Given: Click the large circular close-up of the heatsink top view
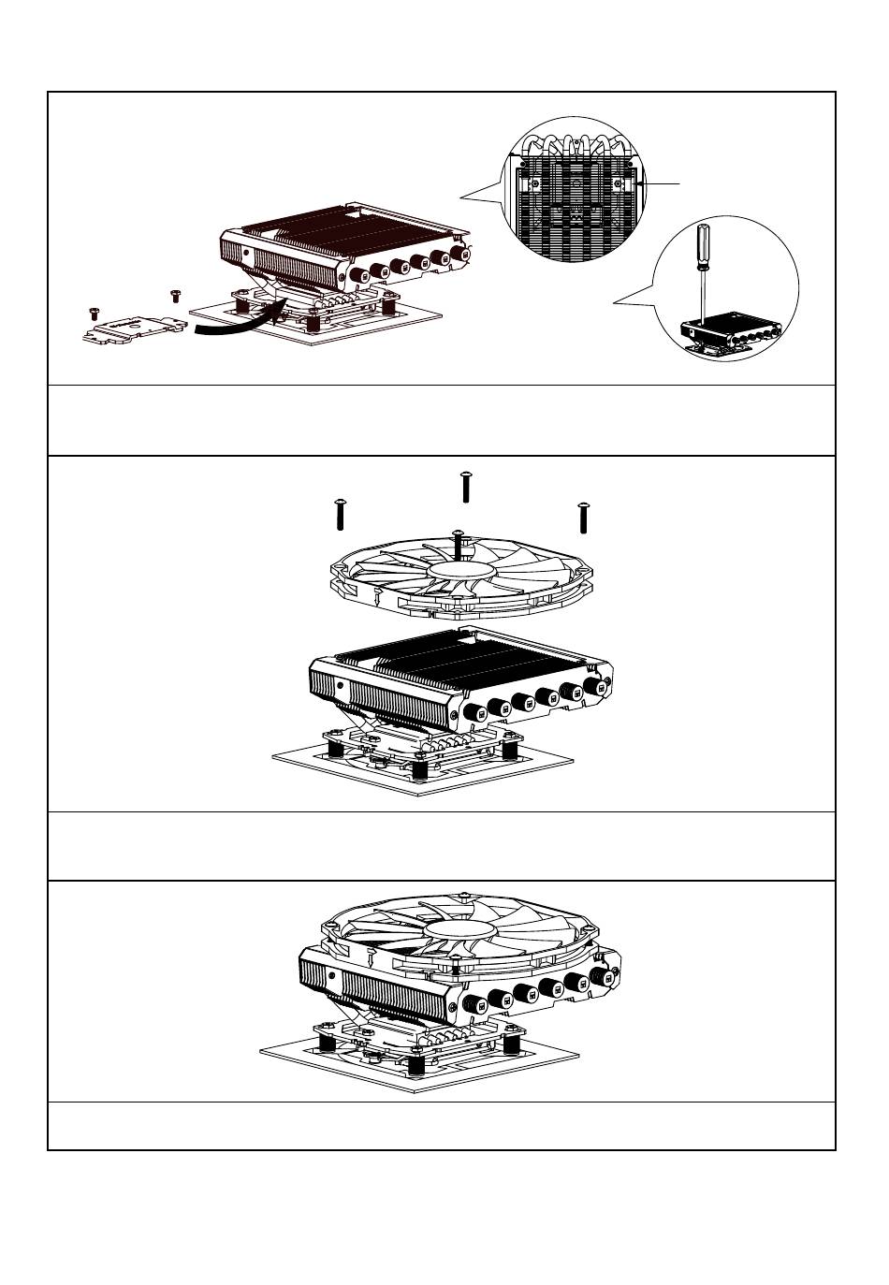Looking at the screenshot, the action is click(574, 192).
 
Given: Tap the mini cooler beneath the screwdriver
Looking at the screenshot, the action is click(731, 332).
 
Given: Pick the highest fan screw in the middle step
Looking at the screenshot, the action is click(466, 487).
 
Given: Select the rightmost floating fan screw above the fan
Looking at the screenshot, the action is click(583, 516).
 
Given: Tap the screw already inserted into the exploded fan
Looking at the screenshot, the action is click(457, 543).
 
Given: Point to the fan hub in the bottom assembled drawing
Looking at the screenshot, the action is click(460, 929).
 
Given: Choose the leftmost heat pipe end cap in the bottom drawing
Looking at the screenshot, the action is click(474, 1005).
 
